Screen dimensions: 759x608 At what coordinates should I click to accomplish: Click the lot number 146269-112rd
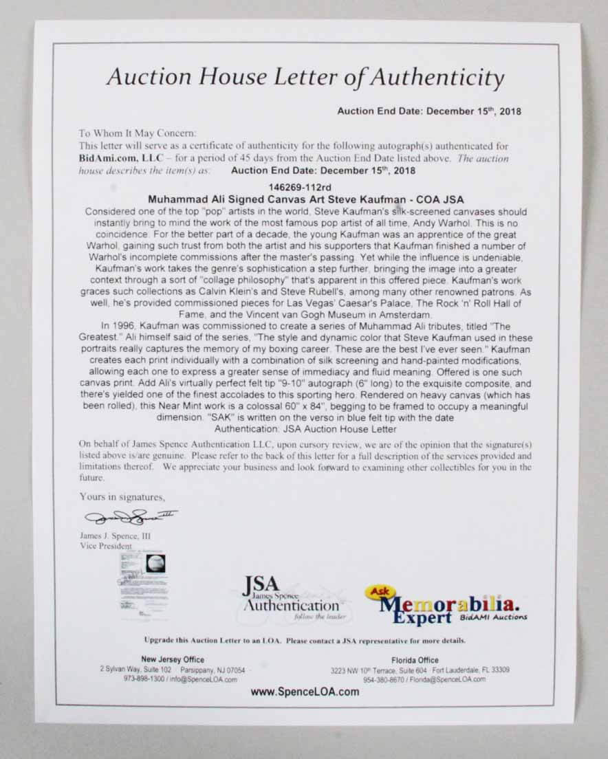304,186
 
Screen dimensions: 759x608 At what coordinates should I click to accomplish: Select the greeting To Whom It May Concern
128,133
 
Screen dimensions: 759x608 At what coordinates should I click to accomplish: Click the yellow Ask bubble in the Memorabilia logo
379,591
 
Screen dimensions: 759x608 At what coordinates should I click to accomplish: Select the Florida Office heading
419,659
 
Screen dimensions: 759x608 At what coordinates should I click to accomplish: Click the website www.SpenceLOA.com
305,692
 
